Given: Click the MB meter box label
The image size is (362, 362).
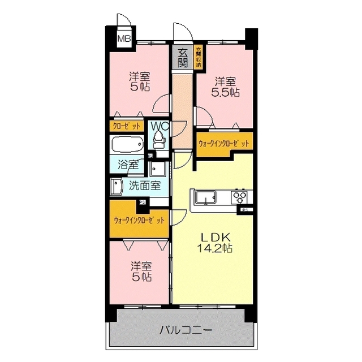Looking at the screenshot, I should click(123, 39).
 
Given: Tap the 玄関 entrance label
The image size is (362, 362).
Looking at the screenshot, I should click(183, 58).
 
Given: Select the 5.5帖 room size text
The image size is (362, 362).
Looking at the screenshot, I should click(225, 92).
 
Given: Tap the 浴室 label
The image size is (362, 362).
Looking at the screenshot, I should click(128, 165).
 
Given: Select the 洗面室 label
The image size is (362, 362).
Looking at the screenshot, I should click(144, 185).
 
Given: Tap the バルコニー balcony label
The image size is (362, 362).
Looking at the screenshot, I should click(185, 330).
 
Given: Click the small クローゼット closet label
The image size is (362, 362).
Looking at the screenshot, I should click(127, 126).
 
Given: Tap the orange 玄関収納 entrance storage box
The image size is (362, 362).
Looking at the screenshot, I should click(199, 57).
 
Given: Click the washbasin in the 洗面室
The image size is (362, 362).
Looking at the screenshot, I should click(117, 186).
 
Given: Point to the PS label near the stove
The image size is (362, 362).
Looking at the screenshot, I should click(244, 210).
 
